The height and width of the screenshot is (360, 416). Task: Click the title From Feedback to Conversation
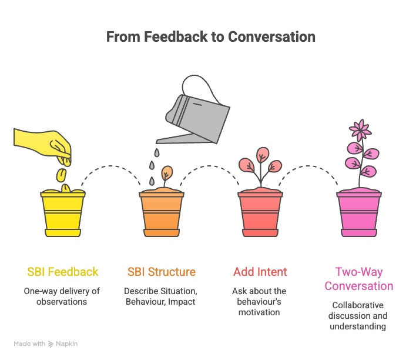[x=211, y=36]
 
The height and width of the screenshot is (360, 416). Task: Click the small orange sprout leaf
[x=167, y=173]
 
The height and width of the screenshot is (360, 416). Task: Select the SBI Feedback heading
[x=63, y=272]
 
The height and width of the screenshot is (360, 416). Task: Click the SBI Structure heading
[x=162, y=272]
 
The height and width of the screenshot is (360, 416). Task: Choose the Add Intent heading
[x=260, y=272]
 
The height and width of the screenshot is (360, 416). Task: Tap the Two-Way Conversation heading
[x=359, y=279]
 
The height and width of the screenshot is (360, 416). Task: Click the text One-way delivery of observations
[x=63, y=296]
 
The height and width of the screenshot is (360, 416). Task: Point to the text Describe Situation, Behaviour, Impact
[x=162, y=296]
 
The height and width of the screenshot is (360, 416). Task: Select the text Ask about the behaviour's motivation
[x=260, y=301]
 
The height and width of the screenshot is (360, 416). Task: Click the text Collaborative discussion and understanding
[x=359, y=316]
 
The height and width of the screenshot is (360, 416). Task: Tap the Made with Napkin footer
[x=46, y=344]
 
